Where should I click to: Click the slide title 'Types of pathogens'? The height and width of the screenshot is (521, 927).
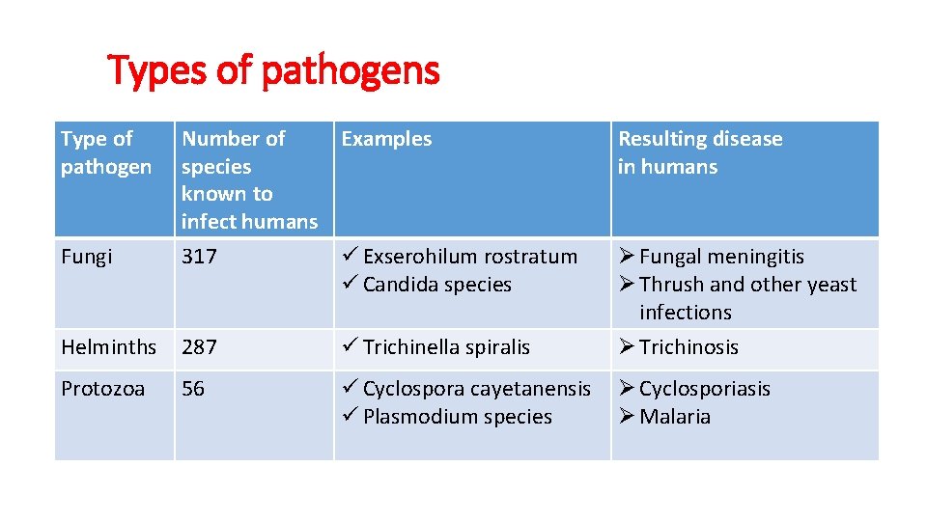pos(273,70)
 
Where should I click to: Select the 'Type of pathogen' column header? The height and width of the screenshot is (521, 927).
pos(106,152)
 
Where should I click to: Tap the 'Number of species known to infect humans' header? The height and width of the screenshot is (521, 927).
pos(249,179)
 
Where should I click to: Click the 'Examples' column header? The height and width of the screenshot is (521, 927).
pos(386,139)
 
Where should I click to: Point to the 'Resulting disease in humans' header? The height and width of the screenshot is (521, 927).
pos(700,152)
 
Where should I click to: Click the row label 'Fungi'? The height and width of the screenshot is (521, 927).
pos(86,257)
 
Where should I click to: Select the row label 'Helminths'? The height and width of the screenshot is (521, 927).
pos(108,347)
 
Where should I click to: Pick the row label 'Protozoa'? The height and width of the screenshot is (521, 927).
pos(102,389)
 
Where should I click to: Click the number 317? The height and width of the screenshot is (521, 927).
pos(199,257)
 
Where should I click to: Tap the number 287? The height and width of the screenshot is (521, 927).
pos(199,347)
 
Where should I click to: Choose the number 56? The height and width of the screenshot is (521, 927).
pos(193,389)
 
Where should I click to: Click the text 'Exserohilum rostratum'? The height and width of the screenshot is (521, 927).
pos(469,257)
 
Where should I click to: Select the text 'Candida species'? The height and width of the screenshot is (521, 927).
pos(436,285)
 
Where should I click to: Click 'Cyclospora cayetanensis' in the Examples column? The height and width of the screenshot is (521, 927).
pos(476,389)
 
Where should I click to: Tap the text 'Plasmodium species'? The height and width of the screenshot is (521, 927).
pos(457,417)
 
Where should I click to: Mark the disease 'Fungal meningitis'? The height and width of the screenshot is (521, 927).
pos(721,257)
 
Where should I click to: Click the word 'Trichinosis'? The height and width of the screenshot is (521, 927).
pos(688,347)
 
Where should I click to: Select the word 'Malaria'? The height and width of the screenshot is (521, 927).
pos(675,417)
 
